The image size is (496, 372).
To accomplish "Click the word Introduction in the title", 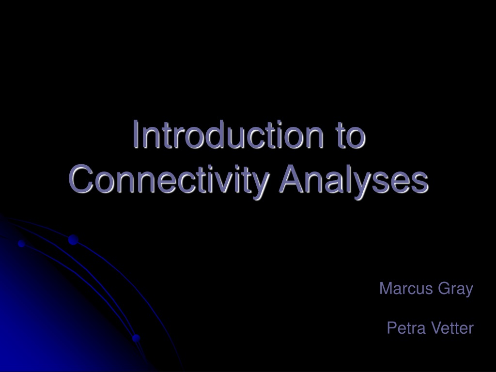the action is pos(228,135).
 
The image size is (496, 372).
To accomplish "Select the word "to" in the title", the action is pos(351,136).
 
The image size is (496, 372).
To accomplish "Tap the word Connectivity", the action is pos(169,180).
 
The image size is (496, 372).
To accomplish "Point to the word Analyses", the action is pos(354,180).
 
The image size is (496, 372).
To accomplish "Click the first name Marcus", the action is pos(406,288).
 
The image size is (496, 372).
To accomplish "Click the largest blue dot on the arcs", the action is pos(73,240).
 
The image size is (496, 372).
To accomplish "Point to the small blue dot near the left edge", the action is pos(21,244).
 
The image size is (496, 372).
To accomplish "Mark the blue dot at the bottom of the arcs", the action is pos(136,338).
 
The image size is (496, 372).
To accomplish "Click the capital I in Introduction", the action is pos(136,134).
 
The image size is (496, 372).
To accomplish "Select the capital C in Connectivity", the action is pos(81,179).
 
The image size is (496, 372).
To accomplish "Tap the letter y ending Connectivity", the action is pos(261,186).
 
